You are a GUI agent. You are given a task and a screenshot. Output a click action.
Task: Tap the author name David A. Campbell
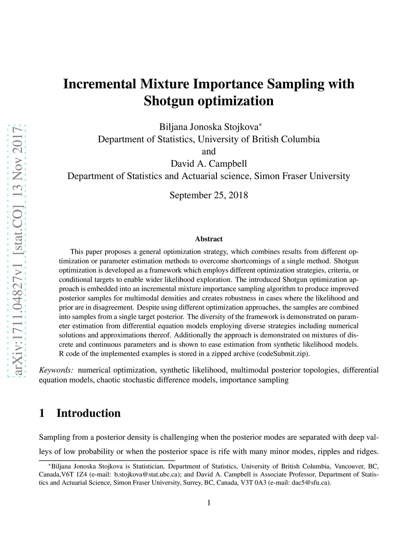click(209, 164)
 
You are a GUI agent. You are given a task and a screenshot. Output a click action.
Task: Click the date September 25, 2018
click(209, 195)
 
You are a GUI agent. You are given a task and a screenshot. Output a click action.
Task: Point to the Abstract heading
click(209, 239)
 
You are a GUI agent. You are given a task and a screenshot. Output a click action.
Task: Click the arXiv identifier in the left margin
click(17, 250)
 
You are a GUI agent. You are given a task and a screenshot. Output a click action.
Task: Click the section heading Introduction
click(88, 413)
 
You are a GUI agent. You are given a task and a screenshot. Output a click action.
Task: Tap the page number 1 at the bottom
click(209, 503)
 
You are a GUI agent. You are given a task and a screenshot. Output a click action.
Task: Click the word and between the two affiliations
click(209, 151)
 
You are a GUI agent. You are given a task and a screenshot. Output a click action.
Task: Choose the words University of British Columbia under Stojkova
click(259, 139)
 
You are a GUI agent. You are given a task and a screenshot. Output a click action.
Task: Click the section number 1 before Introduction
click(42, 413)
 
